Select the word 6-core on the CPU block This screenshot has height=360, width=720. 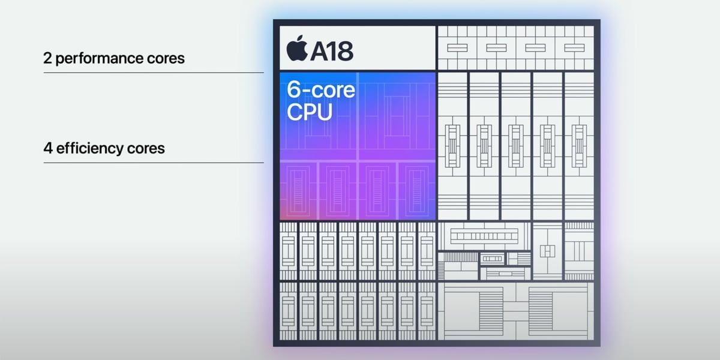coord(321,91)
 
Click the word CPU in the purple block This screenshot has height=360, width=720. coord(310,112)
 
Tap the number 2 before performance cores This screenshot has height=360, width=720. coord(47,59)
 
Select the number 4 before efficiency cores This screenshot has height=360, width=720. coord(47,148)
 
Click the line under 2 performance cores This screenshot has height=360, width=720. coord(154,73)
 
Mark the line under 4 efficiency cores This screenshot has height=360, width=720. coord(154,162)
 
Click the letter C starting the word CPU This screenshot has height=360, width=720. coord(295,112)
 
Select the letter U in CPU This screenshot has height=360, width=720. coord(324,112)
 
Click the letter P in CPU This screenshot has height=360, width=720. coord(309,112)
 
